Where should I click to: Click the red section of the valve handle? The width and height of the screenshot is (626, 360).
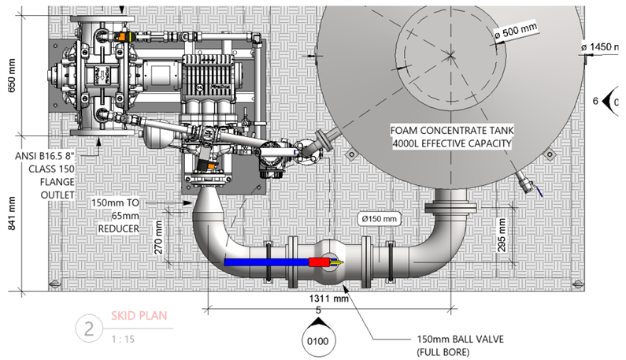coord(319,262)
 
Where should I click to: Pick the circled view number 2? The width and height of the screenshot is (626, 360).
coord(89,328)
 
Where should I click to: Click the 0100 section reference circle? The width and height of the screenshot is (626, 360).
coord(318,340)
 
